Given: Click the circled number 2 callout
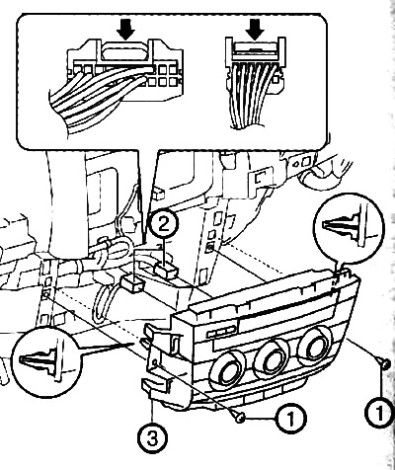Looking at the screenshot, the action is [x=164, y=225].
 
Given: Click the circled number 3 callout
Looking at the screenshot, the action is [x=152, y=437].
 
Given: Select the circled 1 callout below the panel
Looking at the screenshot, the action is [x=291, y=419].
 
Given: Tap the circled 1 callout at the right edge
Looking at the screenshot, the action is [x=380, y=410].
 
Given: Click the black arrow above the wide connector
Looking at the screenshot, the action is [x=125, y=30].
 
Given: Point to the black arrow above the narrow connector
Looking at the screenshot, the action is [x=255, y=30].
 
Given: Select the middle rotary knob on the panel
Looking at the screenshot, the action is [x=272, y=357].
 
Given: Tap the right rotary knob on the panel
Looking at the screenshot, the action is [x=314, y=347].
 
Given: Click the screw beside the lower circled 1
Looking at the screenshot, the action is [x=240, y=419].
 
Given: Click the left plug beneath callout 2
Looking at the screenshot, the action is [x=132, y=283].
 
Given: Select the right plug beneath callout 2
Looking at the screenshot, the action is [x=166, y=272].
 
